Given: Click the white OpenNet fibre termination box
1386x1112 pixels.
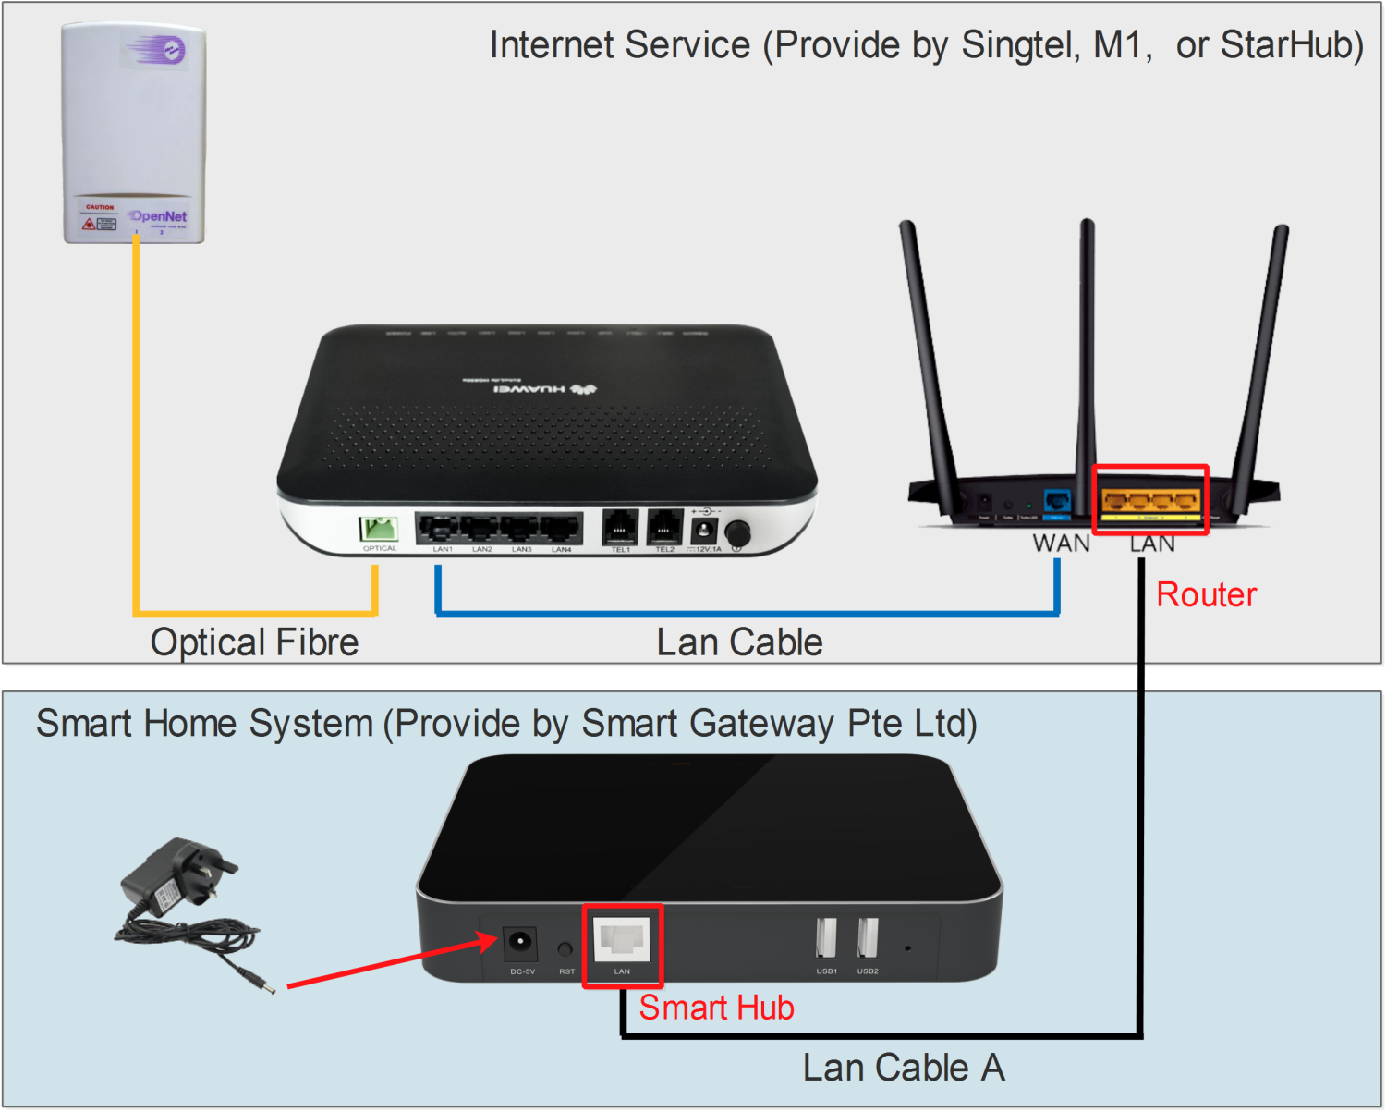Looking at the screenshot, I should point(134,134).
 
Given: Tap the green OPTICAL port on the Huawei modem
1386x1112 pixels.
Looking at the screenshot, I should point(379,529).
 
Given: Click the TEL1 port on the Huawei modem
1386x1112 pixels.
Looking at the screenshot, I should point(620,527).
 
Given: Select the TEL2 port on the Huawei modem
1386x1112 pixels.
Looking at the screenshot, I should point(665,527).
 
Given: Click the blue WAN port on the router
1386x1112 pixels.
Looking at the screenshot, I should point(1057,501).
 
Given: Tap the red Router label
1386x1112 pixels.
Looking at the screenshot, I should point(1206,594).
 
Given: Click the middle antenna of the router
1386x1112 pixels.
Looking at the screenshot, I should point(1087,351).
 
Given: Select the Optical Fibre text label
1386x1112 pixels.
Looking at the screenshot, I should point(254,642).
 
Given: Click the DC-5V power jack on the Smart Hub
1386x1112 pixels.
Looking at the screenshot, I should point(520,944).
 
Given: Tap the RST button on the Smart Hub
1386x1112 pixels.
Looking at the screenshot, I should point(565,949).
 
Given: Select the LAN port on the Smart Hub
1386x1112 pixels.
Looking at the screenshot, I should point(622,940).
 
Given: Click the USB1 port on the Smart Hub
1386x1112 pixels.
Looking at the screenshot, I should point(826,938).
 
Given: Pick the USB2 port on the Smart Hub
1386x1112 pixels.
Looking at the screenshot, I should point(868,938).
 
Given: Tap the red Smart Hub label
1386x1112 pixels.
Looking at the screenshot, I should point(716,1008).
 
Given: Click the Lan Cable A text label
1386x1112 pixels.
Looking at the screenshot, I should point(903,1068).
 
